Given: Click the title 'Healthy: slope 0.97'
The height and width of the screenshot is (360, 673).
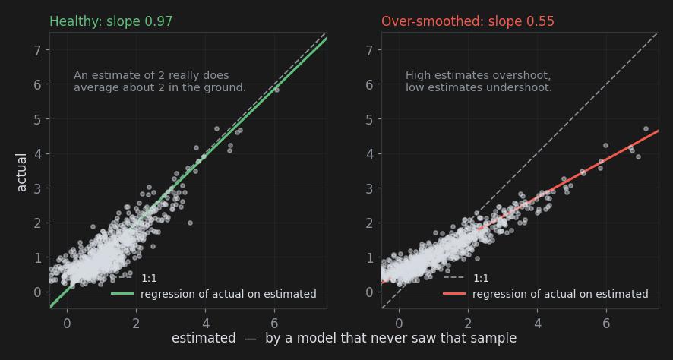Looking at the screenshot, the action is [x=111, y=21].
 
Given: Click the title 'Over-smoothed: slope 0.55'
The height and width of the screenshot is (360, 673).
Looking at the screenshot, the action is [x=468, y=21].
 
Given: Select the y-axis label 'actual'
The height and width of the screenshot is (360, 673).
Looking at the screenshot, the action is [x=21, y=172].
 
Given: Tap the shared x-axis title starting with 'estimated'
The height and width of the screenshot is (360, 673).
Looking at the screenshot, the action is [x=344, y=338].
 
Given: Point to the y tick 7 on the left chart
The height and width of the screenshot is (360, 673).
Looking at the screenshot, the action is [x=37, y=50].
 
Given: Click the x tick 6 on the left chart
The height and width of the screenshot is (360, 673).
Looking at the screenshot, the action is [x=275, y=323].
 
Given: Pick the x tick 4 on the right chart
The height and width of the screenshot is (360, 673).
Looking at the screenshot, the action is [x=537, y=323].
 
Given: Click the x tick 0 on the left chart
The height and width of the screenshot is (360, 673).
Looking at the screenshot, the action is [x=67, y=323].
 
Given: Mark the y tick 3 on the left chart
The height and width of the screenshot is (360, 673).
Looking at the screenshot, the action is [x=37, y=188].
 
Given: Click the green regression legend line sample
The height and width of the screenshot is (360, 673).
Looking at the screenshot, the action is [x=122, y=294].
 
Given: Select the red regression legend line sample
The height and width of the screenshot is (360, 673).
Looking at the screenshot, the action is [x=454, y=294].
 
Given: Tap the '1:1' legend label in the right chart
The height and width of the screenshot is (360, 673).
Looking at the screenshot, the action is [x=481, y=278].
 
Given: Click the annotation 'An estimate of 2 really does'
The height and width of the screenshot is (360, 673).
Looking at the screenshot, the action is [x=151, y=75].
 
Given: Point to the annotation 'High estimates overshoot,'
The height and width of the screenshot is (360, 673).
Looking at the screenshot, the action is [x=478, y=75].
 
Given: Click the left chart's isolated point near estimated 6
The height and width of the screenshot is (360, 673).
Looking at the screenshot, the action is [x=276, y=90].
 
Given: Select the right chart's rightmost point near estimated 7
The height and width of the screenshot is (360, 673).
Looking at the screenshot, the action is [x=646, y=128].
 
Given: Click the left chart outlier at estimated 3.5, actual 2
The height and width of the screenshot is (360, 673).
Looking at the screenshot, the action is [x=190, y=223].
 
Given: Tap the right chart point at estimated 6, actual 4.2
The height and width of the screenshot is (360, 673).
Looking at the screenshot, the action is [x=605, y=146].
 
